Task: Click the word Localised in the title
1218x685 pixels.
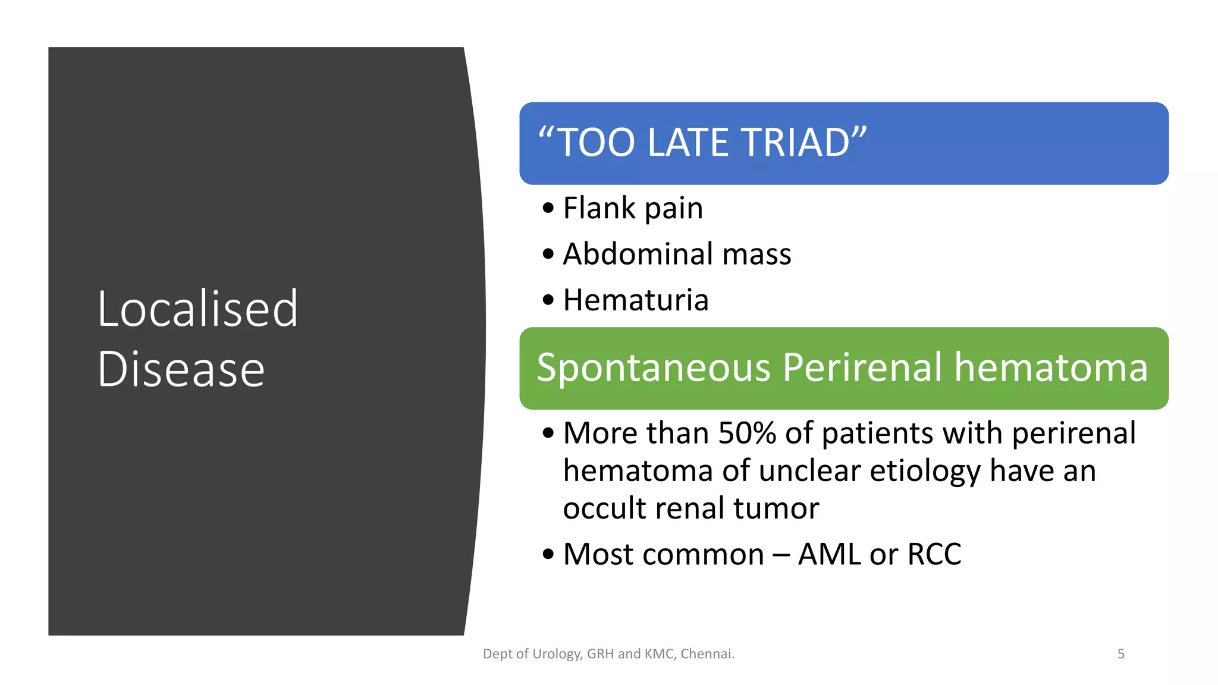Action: pos(197,309)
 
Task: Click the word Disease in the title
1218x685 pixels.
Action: pos(181,369)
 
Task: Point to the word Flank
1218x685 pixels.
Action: pos(599,208)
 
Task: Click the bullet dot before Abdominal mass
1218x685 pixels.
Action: pos(548,254)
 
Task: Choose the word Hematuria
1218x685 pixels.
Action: pos(636,300)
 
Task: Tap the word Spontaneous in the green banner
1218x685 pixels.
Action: pos(654,367)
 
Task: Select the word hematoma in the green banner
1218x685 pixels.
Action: pos(1051,367)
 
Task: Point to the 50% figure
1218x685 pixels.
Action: pos(747,433)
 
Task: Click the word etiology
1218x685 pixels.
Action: pos(925,471)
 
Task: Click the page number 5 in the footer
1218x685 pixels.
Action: pos(1120,654)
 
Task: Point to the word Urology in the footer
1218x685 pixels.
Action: pos(557,654)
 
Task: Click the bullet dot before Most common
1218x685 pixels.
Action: pos(548,555)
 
